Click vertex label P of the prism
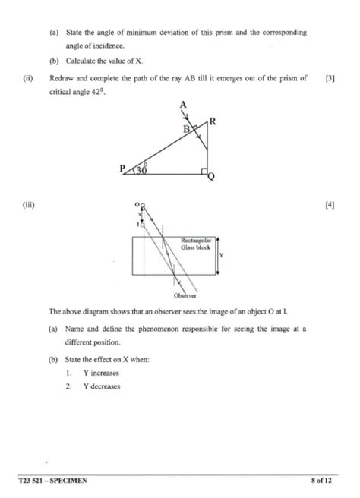pyautogui.click(x=122, y=171)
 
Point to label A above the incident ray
pyautogui.click(x=183, y=106)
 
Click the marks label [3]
pyautogui.click(x=329, y=78)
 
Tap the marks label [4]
pyautogui.click(x=329, y=206)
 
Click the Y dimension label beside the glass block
pyautogui.click(x=221, y=256)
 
